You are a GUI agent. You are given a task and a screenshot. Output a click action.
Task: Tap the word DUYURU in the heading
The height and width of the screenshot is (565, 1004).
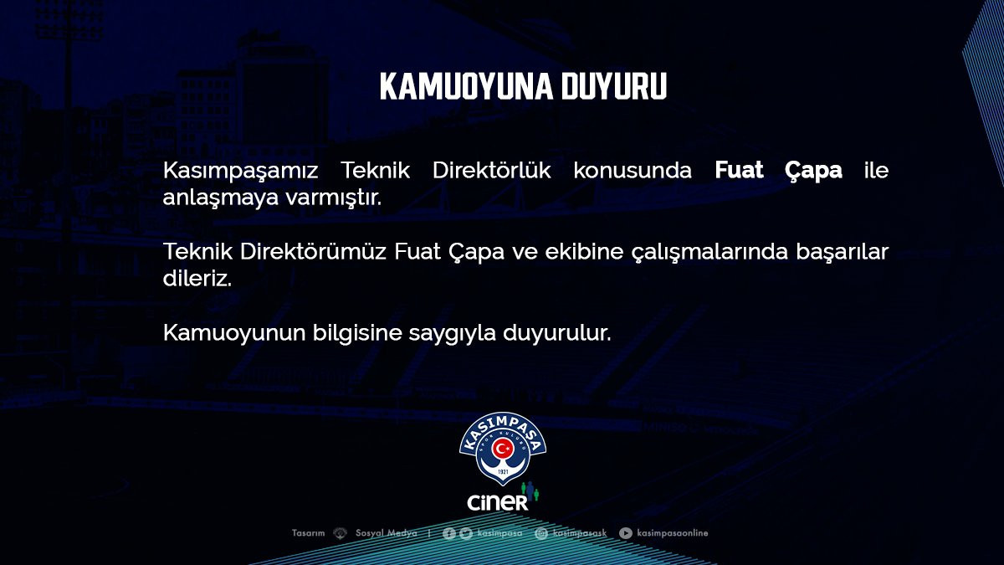[x=614, y=86]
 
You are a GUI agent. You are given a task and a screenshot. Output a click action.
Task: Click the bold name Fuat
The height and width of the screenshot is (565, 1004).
[x=739, y=170]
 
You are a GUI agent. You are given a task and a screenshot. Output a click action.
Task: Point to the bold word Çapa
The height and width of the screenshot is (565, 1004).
[x=813, y=172]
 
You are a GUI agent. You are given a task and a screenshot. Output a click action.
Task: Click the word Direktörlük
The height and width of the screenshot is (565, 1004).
[x=492, y=170]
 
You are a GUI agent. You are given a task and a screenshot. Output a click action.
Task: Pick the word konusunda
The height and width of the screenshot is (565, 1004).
[x=633, y=171]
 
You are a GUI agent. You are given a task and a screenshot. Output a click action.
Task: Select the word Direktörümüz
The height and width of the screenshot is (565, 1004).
[x=313, y=251]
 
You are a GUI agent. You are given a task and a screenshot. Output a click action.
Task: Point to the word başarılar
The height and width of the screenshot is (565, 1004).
[x=843, y=253]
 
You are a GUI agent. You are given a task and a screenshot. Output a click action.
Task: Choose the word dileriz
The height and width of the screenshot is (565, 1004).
[x=197, y=278]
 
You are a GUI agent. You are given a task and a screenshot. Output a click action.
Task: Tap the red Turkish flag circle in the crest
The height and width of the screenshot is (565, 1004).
[x=503, y=448]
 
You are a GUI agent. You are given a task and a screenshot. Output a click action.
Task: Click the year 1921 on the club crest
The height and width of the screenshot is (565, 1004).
[x=503, y=473]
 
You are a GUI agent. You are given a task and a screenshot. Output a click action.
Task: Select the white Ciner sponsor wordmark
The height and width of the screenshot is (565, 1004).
[x=498, y=502]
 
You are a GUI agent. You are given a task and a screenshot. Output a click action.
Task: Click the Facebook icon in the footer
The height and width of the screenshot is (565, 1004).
[x=449, y=533]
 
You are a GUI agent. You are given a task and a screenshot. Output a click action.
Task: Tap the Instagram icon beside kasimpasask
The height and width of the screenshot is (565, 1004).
[x=541, y=533]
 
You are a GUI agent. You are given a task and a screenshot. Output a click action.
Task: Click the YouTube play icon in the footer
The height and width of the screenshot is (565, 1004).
[x=626, y=533]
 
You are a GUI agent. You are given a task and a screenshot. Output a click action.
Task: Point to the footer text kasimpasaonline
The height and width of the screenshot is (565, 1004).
[x=673, y=533]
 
